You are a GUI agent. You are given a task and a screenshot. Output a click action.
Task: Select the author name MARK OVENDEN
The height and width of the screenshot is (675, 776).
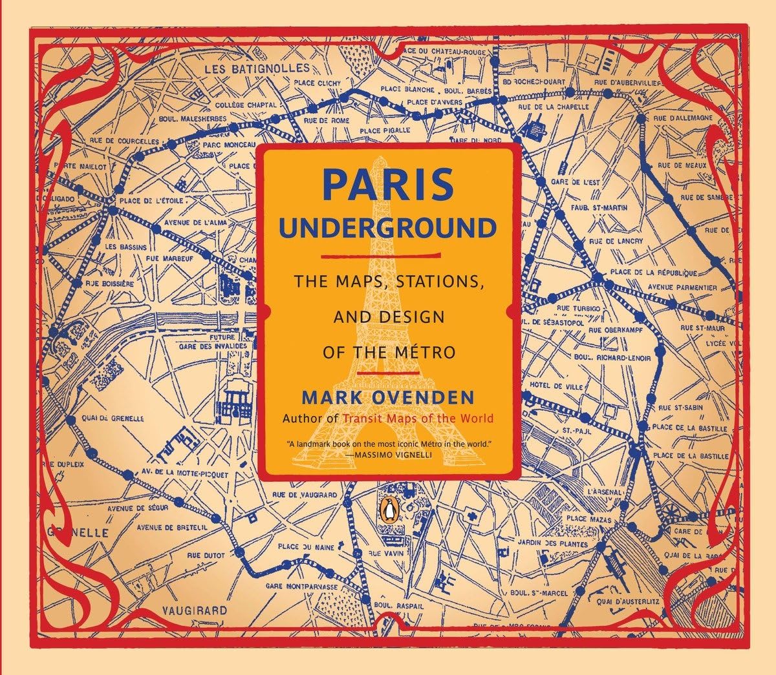387,397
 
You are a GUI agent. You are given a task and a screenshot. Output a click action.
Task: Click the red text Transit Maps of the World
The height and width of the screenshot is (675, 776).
418,419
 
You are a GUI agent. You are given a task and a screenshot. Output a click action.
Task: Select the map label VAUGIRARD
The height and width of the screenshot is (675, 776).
194,610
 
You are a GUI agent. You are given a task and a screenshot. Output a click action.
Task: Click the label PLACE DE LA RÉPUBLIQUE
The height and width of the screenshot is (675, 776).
654,273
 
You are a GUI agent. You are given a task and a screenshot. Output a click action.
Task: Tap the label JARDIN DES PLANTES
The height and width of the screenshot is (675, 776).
561,543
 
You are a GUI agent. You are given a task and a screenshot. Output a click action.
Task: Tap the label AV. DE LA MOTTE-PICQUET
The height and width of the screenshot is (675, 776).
184,473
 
